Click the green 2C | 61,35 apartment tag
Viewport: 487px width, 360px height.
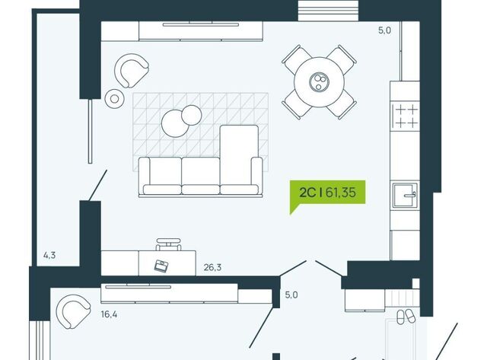327,193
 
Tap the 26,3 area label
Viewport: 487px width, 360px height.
212,267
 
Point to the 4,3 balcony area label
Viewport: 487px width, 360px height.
49,255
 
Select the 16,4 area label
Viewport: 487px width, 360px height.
109,314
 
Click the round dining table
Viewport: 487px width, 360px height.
319,82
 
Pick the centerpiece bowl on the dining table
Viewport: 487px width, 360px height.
319,82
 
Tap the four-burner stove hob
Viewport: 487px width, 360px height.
406,116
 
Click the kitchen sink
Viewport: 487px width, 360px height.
405,196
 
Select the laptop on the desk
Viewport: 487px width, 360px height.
161,266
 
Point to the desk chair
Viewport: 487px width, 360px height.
168,244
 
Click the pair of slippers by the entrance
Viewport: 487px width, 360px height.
406,317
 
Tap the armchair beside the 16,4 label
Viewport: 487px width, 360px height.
73,311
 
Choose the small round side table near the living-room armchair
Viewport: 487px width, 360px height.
115,99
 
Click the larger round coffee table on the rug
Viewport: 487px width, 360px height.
174,123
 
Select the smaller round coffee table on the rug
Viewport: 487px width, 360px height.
192,115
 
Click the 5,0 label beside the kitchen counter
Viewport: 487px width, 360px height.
384,30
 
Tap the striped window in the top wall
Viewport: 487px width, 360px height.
328,11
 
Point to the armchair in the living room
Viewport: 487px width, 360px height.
132,71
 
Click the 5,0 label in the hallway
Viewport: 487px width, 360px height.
291,295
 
